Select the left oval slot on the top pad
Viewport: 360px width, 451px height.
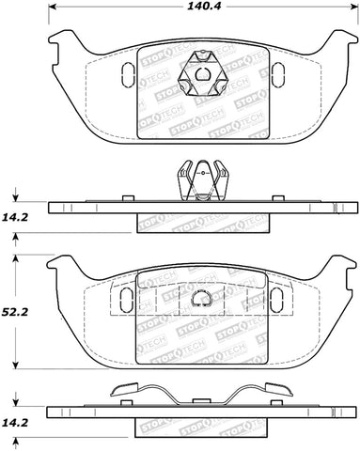[x=129, y=73]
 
